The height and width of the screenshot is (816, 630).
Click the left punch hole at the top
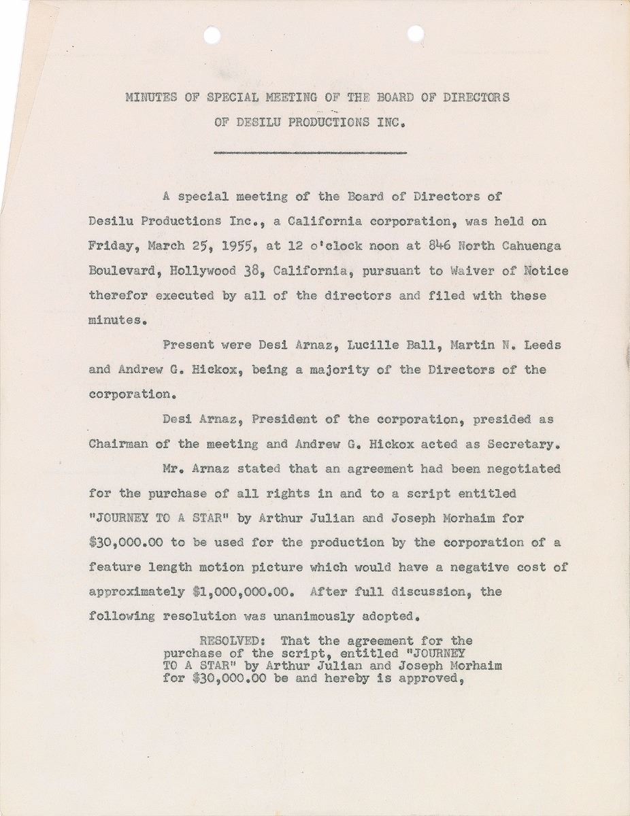pyautogui.click(x=213, y=32)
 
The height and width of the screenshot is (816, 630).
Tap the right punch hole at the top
pyautogui.click(x=415, y=32)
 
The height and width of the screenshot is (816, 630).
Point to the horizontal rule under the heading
pyautogui.click(x=310, y=152)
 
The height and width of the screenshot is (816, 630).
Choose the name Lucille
pyautogui.click(x=371, y=345)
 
